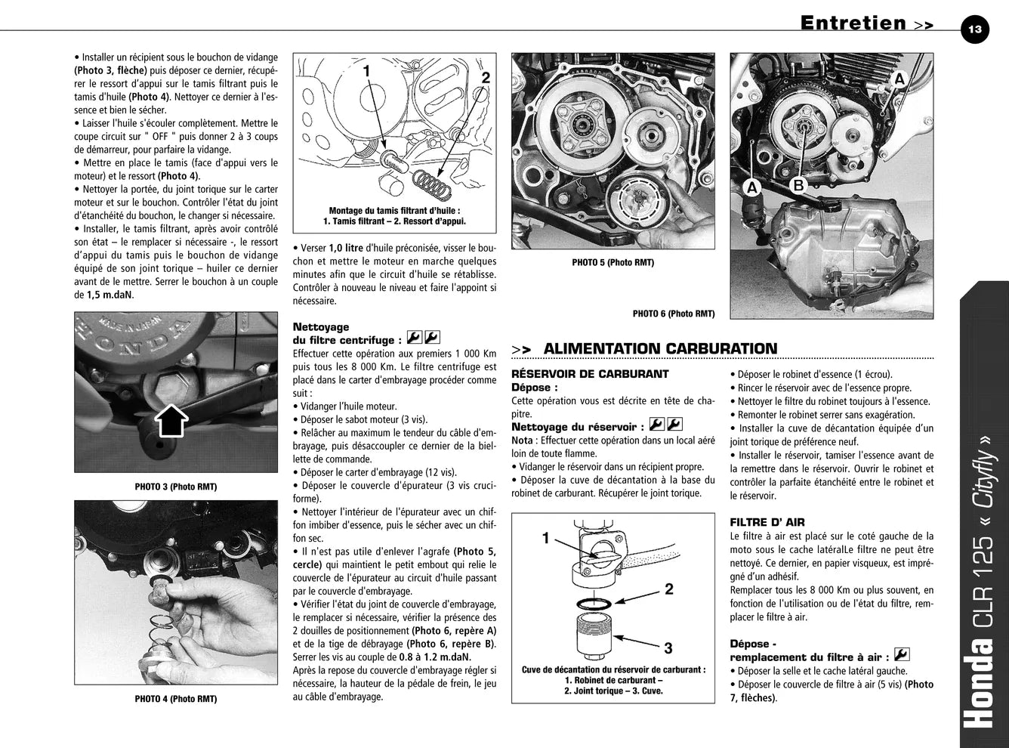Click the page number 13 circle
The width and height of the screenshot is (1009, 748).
[974, 29]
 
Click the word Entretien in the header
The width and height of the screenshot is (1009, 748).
[853, 23]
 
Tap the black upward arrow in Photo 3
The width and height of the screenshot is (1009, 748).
[171, 420]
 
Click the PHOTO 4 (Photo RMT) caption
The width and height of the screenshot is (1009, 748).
[176, 698]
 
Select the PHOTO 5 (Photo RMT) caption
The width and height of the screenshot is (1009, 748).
[612, 262]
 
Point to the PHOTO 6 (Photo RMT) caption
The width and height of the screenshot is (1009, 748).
[673, 314]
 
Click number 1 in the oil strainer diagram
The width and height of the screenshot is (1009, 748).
[366, 70]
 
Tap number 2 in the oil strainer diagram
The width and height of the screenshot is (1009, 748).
[486, 77]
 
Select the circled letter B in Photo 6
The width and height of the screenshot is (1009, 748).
[798, 185]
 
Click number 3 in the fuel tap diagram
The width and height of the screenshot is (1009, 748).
[668, 648]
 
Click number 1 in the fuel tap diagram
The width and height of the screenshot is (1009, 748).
[546, 538]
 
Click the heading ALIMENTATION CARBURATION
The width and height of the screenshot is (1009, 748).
[660, 348]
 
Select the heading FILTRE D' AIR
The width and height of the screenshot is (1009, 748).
[767, 522]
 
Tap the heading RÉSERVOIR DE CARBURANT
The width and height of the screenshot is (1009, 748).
[590, 374]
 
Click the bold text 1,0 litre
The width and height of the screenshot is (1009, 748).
[346, 248]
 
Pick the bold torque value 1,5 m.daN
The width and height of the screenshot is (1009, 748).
[110, 295]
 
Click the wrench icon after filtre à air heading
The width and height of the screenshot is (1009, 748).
[901, 654]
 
